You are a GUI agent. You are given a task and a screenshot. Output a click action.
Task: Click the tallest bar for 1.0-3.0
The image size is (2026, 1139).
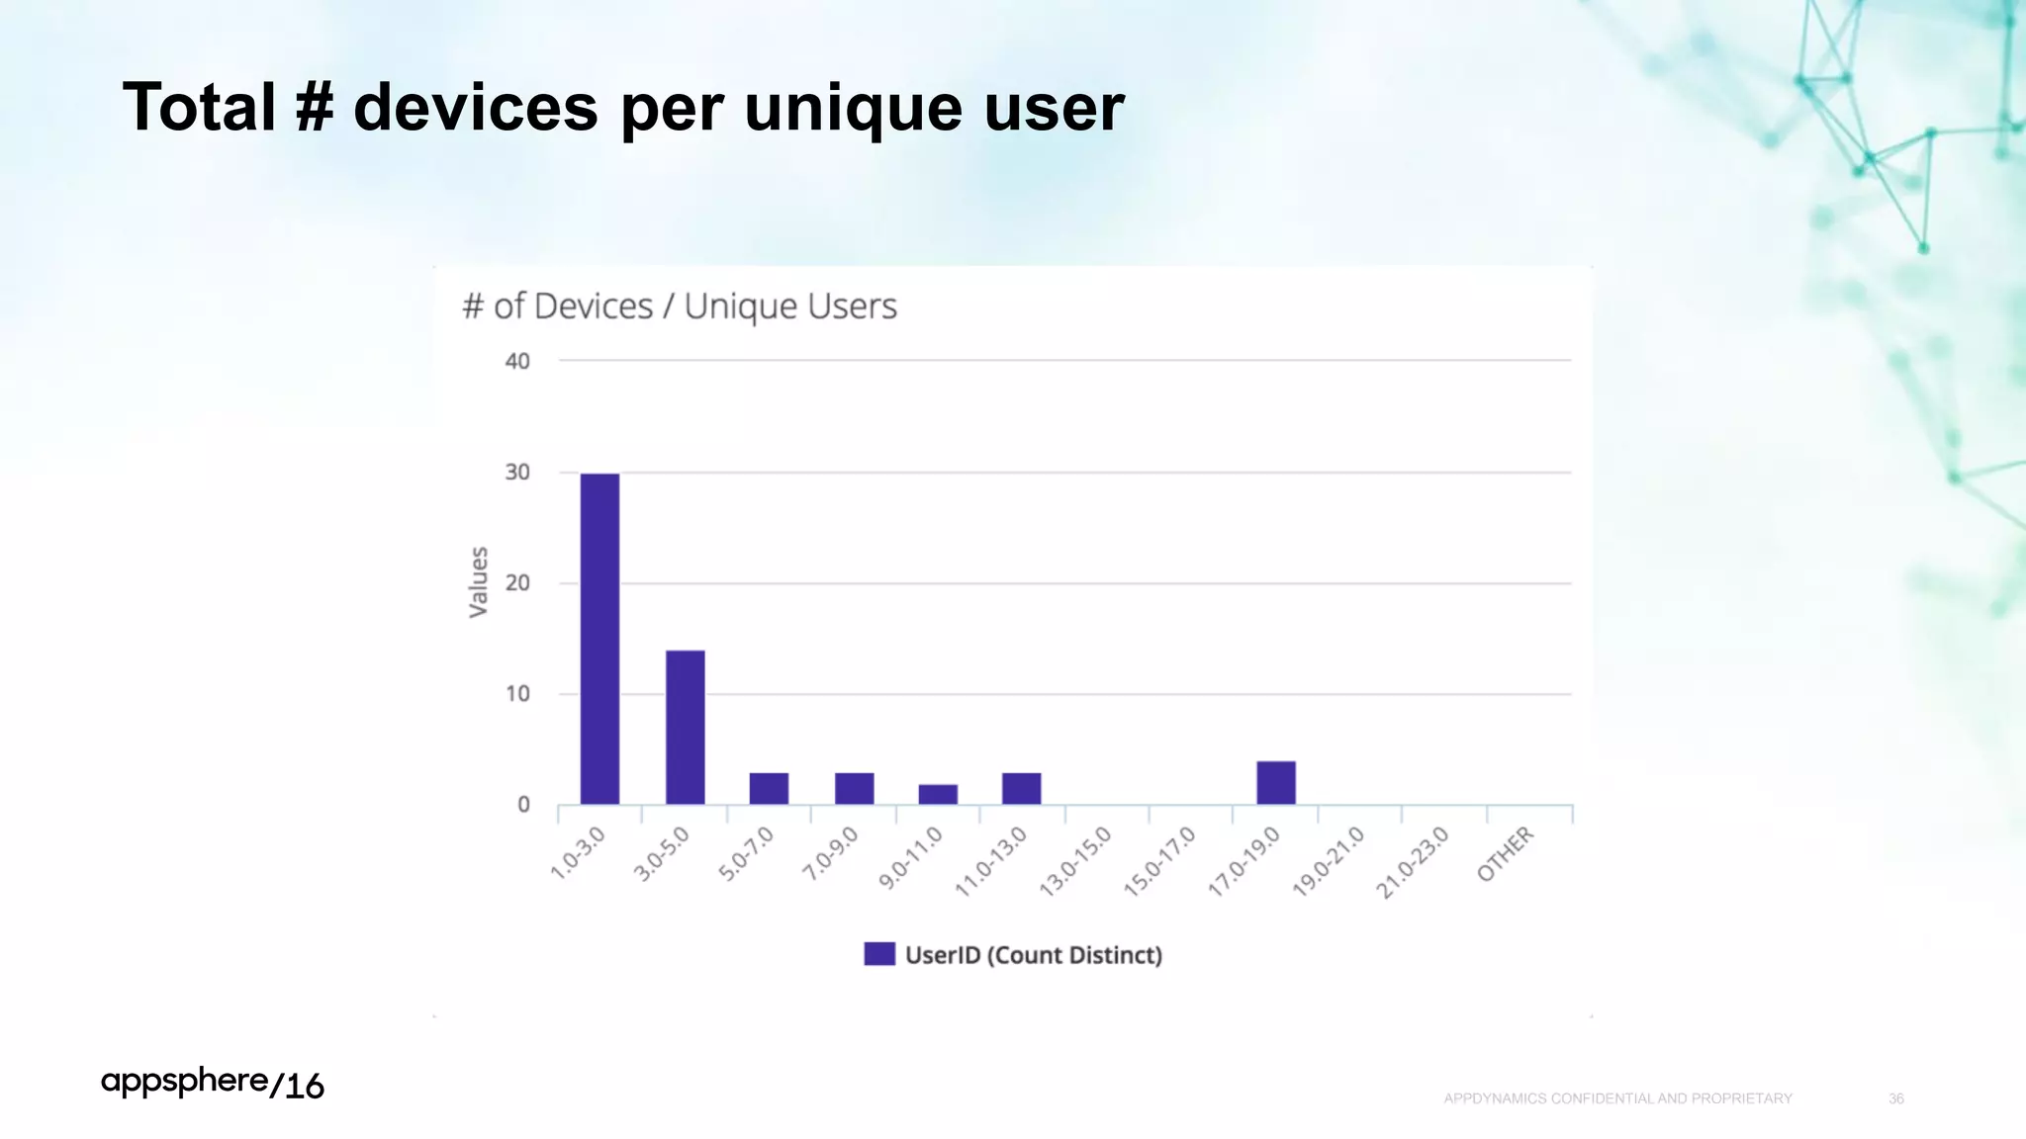(x=599, y=639)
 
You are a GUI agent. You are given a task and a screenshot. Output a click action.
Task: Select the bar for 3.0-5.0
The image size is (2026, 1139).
(x=685, y=727)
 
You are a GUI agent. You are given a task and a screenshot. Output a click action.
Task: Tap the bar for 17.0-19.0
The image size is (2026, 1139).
(x=1276, y=782)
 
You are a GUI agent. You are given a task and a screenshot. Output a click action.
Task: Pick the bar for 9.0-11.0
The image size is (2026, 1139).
(x=938, y=794)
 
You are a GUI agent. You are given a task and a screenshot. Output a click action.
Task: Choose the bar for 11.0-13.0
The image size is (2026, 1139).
(x=1021, y=788)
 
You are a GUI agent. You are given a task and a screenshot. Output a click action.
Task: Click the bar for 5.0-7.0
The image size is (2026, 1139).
(x=769, y=788)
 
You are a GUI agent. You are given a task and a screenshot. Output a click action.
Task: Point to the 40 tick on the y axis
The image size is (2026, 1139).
(x=517, y=361)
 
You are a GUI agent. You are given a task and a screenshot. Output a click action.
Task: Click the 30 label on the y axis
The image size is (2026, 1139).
(x=517, y=473)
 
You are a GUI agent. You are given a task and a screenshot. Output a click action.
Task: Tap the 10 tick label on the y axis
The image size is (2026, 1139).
(x=517, y=694)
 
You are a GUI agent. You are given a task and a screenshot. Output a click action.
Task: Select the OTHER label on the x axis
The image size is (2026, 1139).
(x=1505, y=854)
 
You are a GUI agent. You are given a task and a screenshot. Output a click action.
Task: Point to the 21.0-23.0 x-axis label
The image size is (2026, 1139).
(x=1413, y=862)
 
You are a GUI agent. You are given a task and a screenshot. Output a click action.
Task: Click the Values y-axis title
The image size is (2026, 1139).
(x=478, y=582)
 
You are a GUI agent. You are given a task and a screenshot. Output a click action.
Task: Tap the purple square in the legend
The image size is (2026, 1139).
(x=878, y=954)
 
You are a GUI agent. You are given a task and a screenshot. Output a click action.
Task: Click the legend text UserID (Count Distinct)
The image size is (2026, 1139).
(x=1033, y=955)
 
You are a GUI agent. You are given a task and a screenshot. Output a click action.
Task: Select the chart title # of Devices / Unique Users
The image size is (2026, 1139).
(x=679, y=307)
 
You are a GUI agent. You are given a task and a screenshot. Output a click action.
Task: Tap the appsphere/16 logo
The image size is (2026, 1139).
(x=212, y=1084)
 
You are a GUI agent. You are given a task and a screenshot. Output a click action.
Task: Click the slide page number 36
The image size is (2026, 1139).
(x=1895, y=1098)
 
